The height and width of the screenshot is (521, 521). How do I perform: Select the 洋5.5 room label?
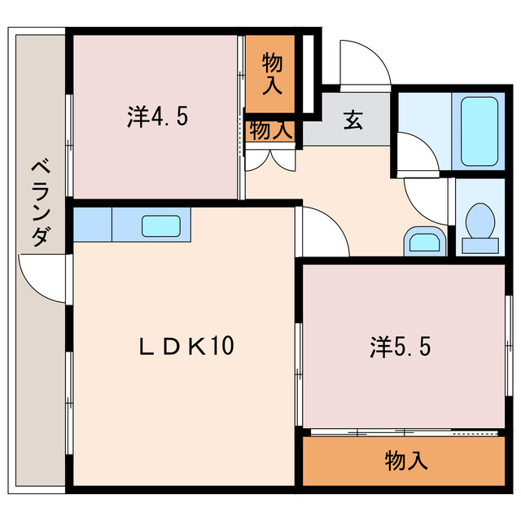[399, 348]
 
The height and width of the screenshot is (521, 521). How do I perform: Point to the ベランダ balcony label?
[40, 204]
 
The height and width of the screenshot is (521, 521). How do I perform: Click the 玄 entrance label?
[352, 120]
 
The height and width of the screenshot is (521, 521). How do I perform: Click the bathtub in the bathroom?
[479, 129]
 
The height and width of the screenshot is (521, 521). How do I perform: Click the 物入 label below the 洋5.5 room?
[405, 462]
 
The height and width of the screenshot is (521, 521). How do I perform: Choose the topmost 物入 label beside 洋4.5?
[273, 72]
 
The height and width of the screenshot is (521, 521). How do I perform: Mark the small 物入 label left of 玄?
[270, 129]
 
